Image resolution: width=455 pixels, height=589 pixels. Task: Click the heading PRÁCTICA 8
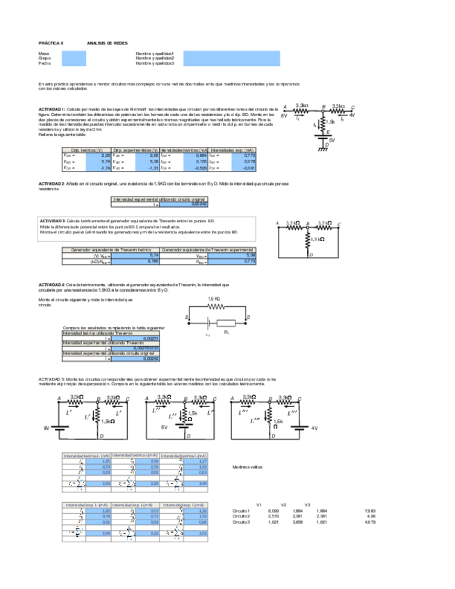tap(51, 42)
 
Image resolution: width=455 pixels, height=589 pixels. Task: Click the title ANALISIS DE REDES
tap(107, 42)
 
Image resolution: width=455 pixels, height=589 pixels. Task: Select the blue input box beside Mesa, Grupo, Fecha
tap(74, 58)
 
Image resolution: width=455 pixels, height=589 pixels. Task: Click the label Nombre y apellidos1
tap(155, 53)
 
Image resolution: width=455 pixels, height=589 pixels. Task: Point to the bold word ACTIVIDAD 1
tap(51, 110)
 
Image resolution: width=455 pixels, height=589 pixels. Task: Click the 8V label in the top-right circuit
tap(283, 116)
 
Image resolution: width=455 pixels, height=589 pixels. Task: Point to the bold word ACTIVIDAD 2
tap(51, 183)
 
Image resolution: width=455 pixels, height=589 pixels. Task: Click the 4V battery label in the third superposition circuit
tap(313, 429)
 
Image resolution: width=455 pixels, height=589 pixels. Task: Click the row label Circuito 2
tap(242, 516)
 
